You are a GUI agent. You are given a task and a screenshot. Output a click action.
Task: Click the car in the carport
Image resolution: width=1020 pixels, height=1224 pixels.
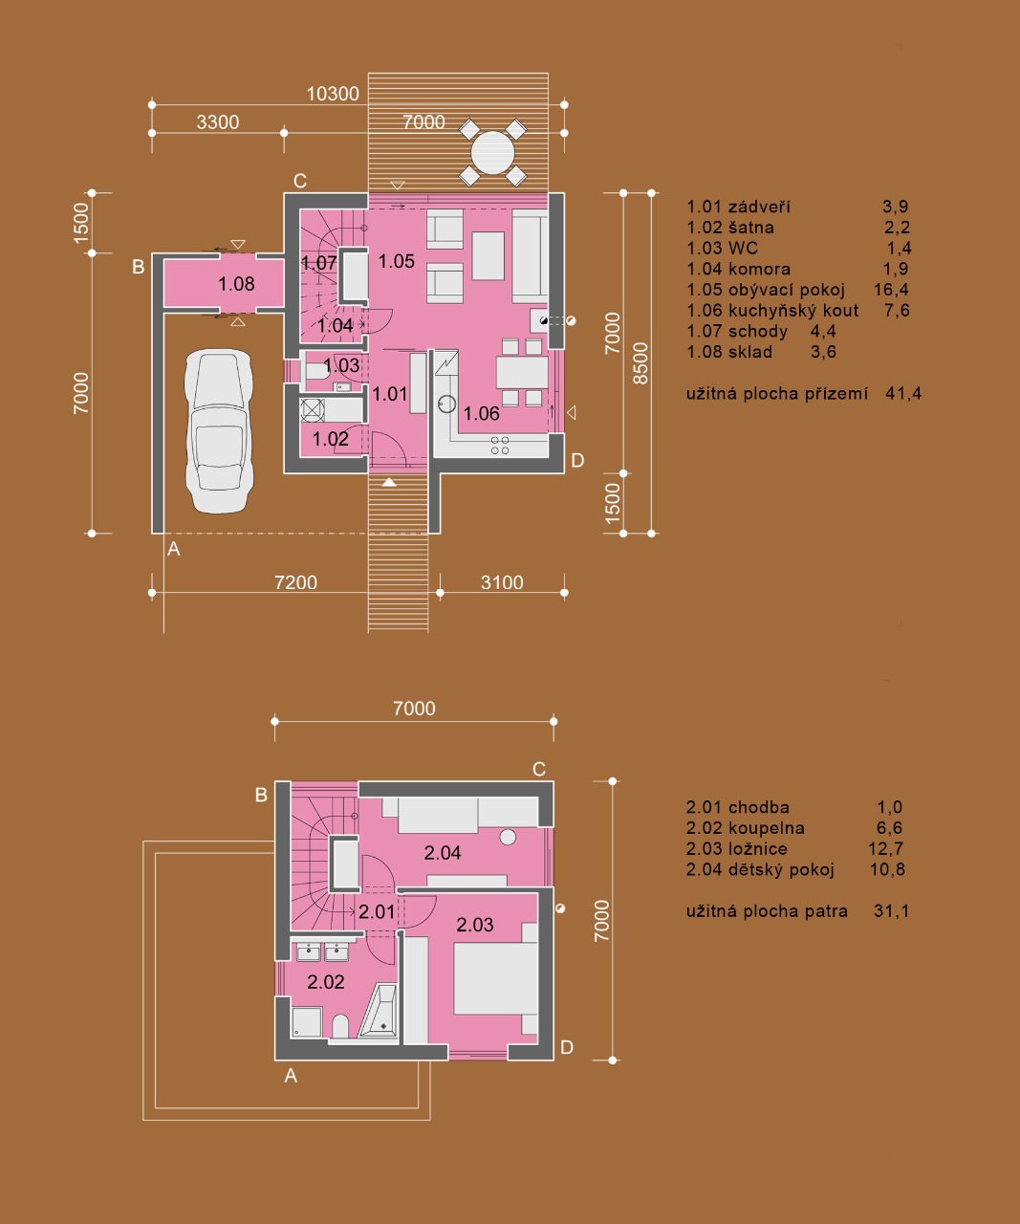219,431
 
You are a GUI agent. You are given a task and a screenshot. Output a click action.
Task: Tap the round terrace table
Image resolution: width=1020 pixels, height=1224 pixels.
492,153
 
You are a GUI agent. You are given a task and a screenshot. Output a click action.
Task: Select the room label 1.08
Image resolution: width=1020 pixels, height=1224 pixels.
236,284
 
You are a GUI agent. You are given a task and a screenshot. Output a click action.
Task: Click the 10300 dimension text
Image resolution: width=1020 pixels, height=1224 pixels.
333,94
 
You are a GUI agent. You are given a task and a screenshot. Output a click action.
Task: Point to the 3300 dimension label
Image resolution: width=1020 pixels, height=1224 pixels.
218,122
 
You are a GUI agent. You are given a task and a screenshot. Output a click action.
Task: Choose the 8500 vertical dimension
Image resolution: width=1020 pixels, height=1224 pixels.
641,363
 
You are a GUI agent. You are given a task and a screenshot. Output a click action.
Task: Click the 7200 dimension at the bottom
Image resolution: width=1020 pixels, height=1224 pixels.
296,582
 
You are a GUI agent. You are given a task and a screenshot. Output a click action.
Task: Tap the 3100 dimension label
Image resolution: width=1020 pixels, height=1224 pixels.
502,582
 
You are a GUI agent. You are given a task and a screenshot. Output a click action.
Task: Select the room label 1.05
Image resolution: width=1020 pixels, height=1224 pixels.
397,261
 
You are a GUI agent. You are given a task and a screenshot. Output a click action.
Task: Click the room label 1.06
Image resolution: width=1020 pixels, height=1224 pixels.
481,414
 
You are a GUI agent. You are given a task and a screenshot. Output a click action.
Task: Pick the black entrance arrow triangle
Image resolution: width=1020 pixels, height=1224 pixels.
389,483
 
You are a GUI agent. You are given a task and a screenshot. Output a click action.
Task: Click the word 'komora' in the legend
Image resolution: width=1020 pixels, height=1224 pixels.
759,269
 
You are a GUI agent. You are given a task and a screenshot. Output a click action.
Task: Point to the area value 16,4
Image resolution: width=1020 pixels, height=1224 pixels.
891,290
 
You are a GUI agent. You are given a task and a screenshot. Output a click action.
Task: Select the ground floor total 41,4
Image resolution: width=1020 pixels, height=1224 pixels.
903,393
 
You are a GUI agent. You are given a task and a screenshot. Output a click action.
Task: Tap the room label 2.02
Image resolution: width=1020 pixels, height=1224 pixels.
326,982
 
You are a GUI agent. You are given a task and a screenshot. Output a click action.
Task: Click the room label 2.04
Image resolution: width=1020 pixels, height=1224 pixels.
443,853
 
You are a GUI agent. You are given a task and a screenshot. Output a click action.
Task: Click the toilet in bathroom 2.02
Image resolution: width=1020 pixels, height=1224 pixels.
340,1026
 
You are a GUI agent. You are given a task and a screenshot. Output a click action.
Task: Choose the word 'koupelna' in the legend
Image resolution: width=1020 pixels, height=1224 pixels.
766,828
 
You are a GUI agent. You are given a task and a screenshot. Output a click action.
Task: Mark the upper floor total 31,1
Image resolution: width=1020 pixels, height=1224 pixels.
891,911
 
